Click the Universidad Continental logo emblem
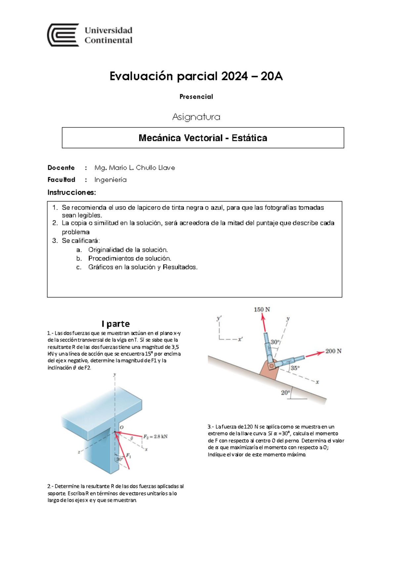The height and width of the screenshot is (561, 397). (63, 35)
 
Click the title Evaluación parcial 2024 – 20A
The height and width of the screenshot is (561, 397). (196, 76)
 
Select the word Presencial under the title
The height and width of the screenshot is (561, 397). (196, 97)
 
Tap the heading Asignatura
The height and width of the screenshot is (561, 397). (196, 117)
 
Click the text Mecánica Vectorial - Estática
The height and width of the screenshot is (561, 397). (202, 138)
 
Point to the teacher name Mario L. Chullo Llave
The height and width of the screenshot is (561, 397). (135, 168)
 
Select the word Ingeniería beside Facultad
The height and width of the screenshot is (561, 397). (110, 180)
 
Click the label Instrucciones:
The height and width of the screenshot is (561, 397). (71, 193)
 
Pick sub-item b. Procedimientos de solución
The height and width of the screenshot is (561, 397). (129, 258)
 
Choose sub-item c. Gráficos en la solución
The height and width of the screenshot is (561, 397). (142, 267)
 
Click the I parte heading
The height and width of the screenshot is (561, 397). (115, 324)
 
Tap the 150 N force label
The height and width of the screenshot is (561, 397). (262, 310)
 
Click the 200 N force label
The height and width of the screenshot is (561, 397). (333, 351)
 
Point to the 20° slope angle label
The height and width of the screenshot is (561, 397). (285, 393)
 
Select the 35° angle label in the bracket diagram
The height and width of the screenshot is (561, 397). (295, 368)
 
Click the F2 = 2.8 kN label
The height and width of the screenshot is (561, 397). (155, 437)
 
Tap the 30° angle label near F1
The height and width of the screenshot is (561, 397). (119, 459)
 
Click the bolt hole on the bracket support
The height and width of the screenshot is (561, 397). (272, 366)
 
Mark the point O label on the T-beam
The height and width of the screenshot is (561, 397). (121, 427)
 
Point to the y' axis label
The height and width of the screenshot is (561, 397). (219, 318)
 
